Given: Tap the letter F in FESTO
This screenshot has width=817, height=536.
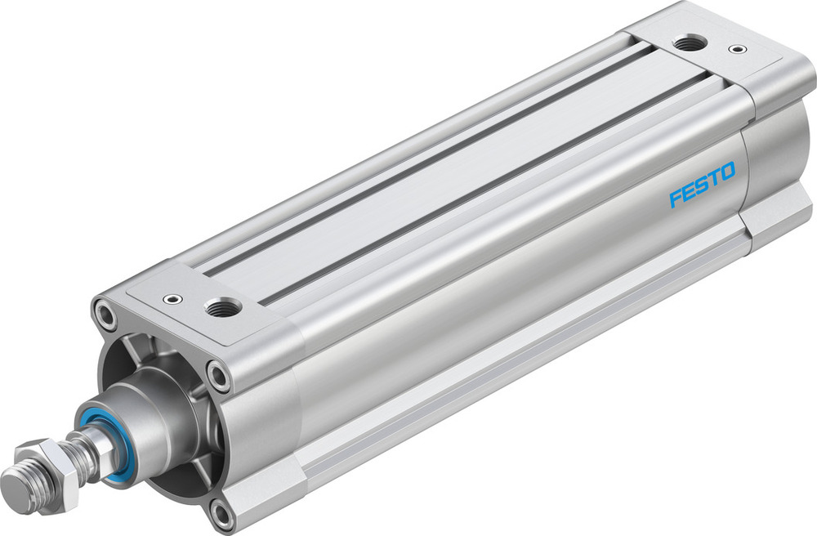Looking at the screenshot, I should coord(675,197).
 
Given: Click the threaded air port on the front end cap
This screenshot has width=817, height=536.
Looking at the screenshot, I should coord(223,308).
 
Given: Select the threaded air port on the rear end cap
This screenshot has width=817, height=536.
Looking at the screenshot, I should coord(692,42).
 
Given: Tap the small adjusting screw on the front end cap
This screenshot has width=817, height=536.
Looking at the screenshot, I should coord(172,299).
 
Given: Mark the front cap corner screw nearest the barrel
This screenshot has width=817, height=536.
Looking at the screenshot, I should coord(218,376).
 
